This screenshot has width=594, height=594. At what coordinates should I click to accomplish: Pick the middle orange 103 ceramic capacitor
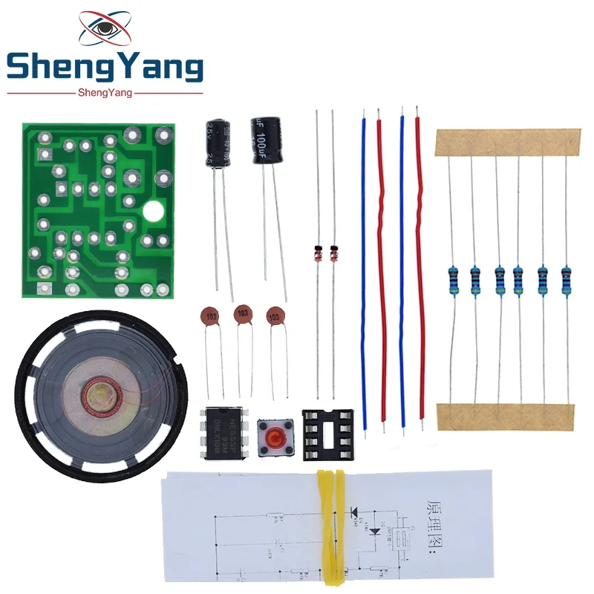[242, 315]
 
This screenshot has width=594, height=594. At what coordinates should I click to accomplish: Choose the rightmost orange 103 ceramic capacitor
[276, 316]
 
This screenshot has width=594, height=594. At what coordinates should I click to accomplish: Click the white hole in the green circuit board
[153, 213]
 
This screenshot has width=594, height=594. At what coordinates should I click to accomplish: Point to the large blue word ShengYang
[105, 70]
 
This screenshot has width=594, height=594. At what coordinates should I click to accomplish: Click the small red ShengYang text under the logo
[105, 92]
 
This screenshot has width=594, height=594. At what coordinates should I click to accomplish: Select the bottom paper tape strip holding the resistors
[505, 415]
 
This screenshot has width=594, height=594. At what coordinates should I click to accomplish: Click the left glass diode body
[317, 250]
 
